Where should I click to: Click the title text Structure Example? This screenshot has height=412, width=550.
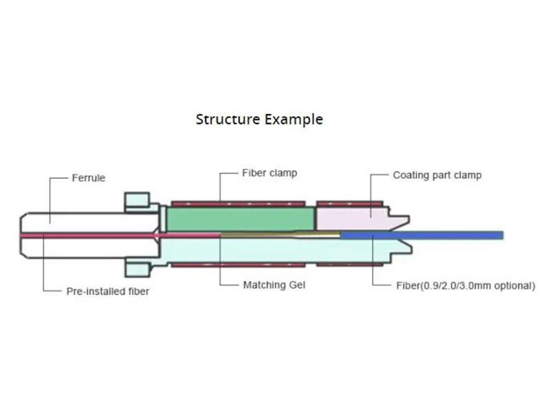click(259, 119)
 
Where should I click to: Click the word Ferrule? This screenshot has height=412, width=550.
click(89, 178)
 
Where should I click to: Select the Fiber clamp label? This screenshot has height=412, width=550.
click(269, 173)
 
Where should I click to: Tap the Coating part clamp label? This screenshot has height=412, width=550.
click(437, 175)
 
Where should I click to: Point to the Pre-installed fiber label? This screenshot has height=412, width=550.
click(107, 291)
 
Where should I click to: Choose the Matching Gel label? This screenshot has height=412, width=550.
click(274, 285)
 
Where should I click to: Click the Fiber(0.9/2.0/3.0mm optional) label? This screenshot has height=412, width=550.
click(465, 285)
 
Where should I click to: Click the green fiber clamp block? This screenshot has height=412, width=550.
click(241, 219)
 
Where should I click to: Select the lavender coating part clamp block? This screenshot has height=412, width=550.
click(351, 218)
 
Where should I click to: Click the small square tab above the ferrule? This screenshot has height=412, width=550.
click(135, 201)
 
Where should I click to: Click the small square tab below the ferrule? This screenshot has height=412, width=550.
click(135, 268)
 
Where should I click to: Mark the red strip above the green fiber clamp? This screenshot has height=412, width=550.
click(237, 203)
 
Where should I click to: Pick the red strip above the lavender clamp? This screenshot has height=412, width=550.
click(349, 203)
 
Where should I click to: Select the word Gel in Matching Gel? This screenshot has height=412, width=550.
click(295, 285)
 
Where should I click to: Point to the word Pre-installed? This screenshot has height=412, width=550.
click(95, 291)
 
